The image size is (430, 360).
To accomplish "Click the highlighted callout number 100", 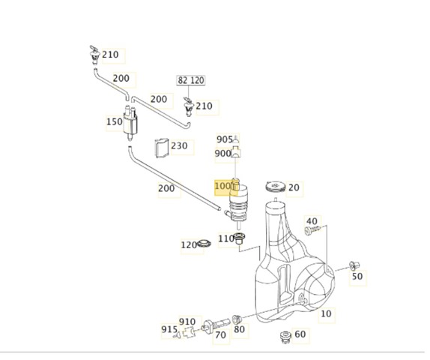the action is pos(222,186).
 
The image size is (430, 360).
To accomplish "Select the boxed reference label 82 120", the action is pos(191,80).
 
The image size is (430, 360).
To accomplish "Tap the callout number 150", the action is pos(115,121).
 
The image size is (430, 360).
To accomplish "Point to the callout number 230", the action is pos(179,145).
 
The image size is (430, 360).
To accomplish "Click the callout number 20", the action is pos(294,187).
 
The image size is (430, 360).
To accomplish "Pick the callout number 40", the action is pos(312,221).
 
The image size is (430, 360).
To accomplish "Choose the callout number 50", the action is pos(357,276).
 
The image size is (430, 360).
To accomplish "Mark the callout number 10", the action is pos(326,313).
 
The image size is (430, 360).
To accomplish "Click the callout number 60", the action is pos(300,334).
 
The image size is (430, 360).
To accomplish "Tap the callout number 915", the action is pos(169,329).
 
